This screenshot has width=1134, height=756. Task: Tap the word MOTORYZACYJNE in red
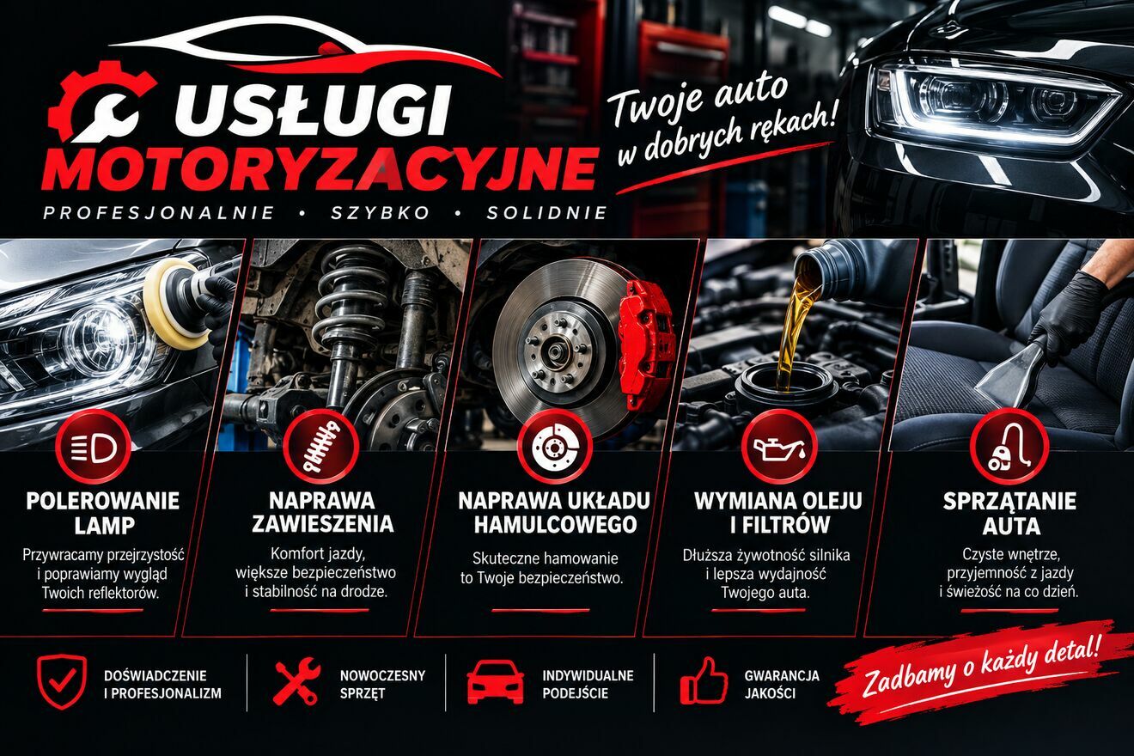pos(320,169)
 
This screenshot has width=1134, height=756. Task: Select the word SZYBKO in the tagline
pos(381,213)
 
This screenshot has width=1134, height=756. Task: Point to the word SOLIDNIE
pos(546,213)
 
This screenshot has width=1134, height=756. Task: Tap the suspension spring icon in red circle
pos(321,448)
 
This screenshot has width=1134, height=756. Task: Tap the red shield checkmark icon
pos(62,681)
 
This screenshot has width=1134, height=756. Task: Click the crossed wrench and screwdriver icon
pos(296,681)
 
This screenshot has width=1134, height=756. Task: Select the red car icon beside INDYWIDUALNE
pos(495,681)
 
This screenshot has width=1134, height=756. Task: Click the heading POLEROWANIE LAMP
pos(103,513)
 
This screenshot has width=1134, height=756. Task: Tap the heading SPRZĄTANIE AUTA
pos(1009,513)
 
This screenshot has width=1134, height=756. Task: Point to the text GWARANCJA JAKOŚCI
pos(782,684)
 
